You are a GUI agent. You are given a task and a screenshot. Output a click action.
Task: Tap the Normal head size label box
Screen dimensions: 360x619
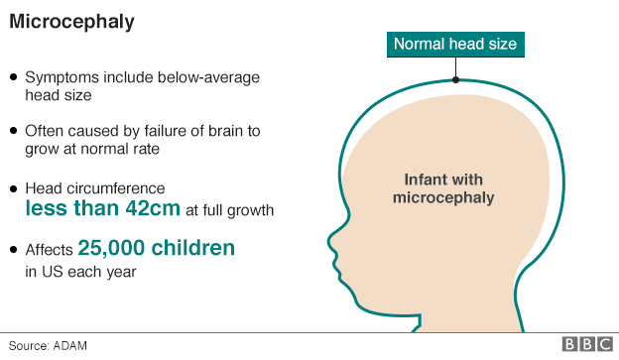[455, 44]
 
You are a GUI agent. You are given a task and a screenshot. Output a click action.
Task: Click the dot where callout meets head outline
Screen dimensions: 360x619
[455, 78]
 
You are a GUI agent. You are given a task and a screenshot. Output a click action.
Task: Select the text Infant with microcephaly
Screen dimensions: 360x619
[443, 188]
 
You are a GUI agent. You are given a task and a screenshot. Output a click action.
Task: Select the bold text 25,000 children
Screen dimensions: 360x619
[157, 248]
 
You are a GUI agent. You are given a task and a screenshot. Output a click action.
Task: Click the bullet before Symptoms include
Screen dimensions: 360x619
[13, 76]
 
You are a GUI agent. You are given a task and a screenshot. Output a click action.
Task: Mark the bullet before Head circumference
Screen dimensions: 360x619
[13, 187]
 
